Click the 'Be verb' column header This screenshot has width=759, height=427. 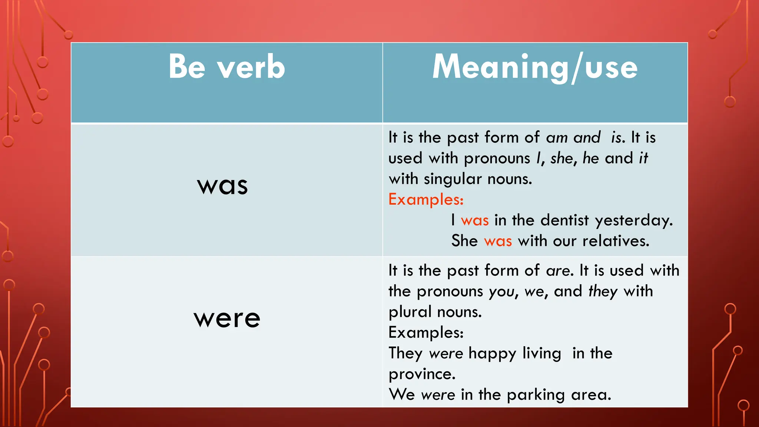[227, 67]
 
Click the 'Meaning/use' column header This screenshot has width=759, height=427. [535, 67]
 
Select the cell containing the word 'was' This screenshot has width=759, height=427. [222, 185]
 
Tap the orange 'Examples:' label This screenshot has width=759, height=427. [426, 200]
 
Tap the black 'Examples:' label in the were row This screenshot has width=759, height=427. [426, 332]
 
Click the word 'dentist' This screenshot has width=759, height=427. [564, 220]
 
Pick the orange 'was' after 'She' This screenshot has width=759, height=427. [498, 241]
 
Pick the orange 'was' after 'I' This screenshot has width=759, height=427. [475, 221]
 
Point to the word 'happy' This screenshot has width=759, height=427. [492, 354]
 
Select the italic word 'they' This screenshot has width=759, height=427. [603, 292]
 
